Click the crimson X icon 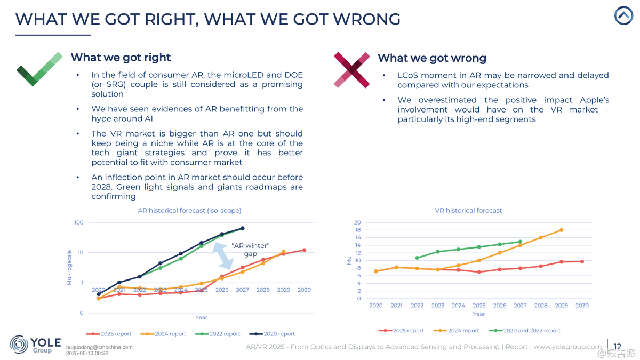point(351,70)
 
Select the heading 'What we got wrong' point(432,58)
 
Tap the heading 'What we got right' point(121,58)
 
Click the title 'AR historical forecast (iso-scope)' point(189,211)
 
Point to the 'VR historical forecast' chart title point(468,211)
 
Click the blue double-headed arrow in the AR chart point(224,255)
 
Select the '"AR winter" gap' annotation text point(251,250)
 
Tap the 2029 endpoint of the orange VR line point(561,230)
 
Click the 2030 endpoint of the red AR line point(304,250)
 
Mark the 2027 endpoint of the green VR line point(520,242)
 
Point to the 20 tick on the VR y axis point(357,222)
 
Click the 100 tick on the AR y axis point(78,222)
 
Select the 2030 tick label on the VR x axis point(582,306)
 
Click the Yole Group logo point(35,345)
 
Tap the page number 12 point(618,347)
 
